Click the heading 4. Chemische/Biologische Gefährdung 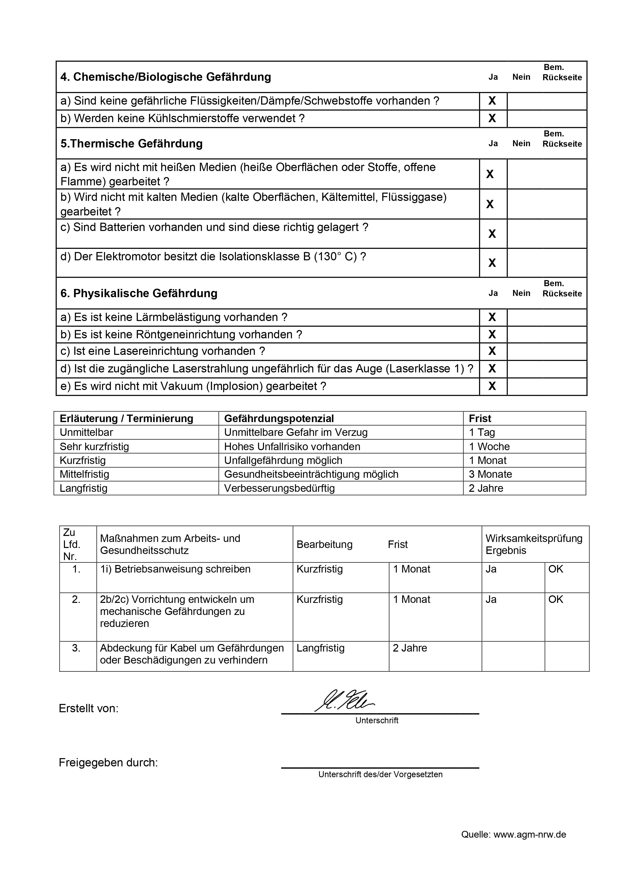165,77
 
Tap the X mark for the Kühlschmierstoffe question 492,118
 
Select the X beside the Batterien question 492,234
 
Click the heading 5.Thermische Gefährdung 131,144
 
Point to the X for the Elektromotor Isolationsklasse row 492,263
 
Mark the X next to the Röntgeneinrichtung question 492,335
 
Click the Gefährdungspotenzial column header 279,419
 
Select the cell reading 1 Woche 489,446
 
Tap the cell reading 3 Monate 490,474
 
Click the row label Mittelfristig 84,474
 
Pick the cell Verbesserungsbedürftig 279,488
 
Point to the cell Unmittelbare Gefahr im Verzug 296,432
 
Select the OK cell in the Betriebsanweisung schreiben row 556,569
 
